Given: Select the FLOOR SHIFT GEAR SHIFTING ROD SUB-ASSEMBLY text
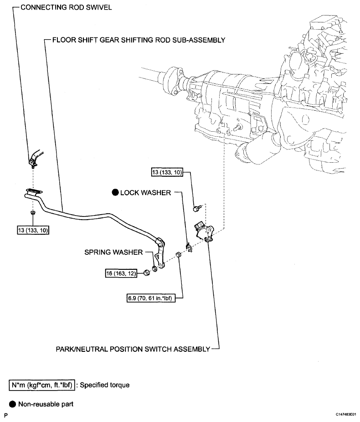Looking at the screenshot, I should click(x=139, y=40).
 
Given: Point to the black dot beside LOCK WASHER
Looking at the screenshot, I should click(x=115, y=193).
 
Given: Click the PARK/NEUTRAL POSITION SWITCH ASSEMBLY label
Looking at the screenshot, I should click(x=133, y=349).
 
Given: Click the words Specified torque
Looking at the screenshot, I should click(x=105, y=385).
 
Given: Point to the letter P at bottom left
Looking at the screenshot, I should click(x=6, y=415).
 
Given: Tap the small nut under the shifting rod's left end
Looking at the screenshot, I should click(x=32, y=213).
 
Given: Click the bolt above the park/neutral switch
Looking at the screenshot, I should click(x=197, y=208).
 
